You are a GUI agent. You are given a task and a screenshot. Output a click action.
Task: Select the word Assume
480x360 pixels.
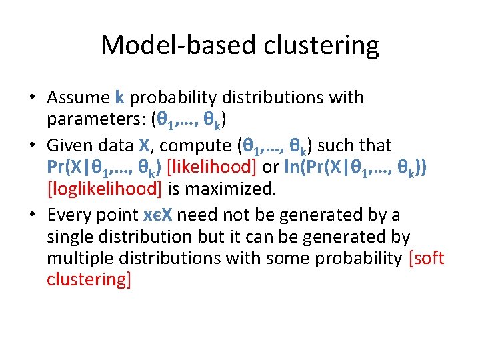tap(79, 97)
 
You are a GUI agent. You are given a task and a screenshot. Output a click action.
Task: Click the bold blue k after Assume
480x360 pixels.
tap(119, 97)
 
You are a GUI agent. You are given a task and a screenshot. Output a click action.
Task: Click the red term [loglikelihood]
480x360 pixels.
tap(105, 189)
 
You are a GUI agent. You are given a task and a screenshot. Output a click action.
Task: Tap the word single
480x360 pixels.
tap(68, 237)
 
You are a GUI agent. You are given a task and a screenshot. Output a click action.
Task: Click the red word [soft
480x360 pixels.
tap(427, 259)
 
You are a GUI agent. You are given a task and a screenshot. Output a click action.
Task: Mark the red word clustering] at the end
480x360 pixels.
tap(89, 281)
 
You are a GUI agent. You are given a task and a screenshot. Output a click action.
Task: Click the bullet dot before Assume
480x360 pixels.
tap(32, 98)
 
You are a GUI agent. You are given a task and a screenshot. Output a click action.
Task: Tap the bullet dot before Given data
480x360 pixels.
tap(32, 145)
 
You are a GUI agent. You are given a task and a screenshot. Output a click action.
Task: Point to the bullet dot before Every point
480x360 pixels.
tap(32, 214)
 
